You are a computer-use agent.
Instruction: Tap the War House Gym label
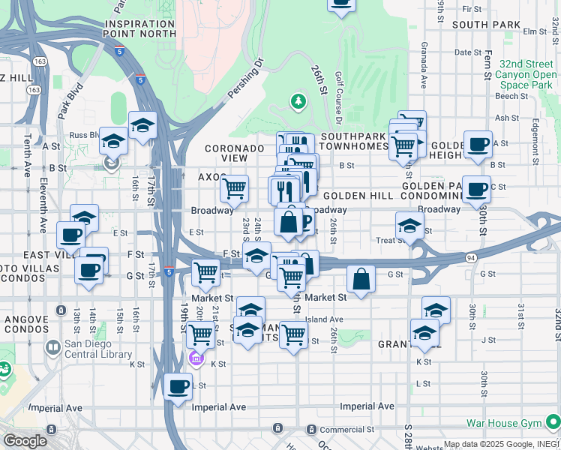(x=503, y=423)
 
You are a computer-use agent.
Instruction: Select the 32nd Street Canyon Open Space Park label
(x=517, y=74)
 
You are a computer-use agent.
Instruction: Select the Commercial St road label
(x=349, y=430)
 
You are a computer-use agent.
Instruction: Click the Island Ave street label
(x=324, y=319)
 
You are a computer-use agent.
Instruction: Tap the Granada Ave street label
(x=424, y=67)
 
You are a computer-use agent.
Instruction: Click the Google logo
(x=25, y=441)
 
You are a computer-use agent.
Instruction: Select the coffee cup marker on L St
(x=178, y=387)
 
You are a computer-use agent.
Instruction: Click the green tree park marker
(x=298, y=100)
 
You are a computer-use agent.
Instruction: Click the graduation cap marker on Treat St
(x=409, y=225)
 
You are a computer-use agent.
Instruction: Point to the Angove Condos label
(x=26, y=325)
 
